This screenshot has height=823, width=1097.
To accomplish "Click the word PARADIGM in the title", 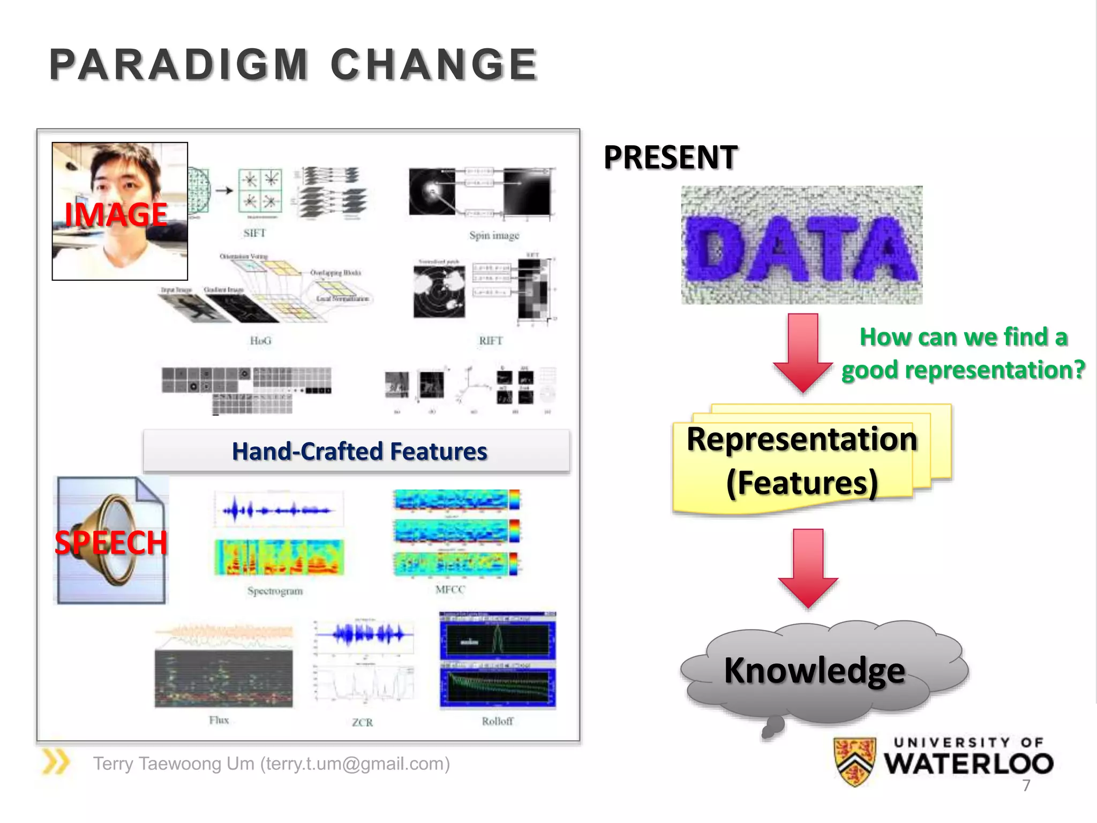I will [178, 65].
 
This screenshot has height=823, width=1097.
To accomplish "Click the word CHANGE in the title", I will [434, 65].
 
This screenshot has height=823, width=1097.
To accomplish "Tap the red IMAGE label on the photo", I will [116, 214].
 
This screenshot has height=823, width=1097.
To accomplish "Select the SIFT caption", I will [254, 233].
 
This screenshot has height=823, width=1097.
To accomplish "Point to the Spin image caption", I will [494, 235].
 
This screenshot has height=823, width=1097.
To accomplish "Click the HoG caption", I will [261, 341].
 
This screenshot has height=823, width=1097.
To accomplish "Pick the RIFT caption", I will [491, 341].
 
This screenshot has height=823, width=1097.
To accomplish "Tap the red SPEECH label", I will [111, 542].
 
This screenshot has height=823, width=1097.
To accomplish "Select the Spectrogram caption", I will [275, 591].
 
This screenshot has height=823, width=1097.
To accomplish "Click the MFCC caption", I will [450, 589].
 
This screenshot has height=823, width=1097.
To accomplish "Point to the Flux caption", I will [219, 720].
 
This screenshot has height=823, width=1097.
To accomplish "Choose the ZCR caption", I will [363, 722].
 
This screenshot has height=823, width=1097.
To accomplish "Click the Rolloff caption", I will [497, 721].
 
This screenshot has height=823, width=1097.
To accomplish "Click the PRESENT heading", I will [670, 158].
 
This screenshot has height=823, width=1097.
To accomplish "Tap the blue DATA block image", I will [801, 245].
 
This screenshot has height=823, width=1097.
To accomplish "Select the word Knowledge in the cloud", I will [814, 670].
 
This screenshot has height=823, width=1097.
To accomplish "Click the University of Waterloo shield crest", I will [855, 761].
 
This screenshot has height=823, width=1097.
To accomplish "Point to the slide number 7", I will [1026, 785].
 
